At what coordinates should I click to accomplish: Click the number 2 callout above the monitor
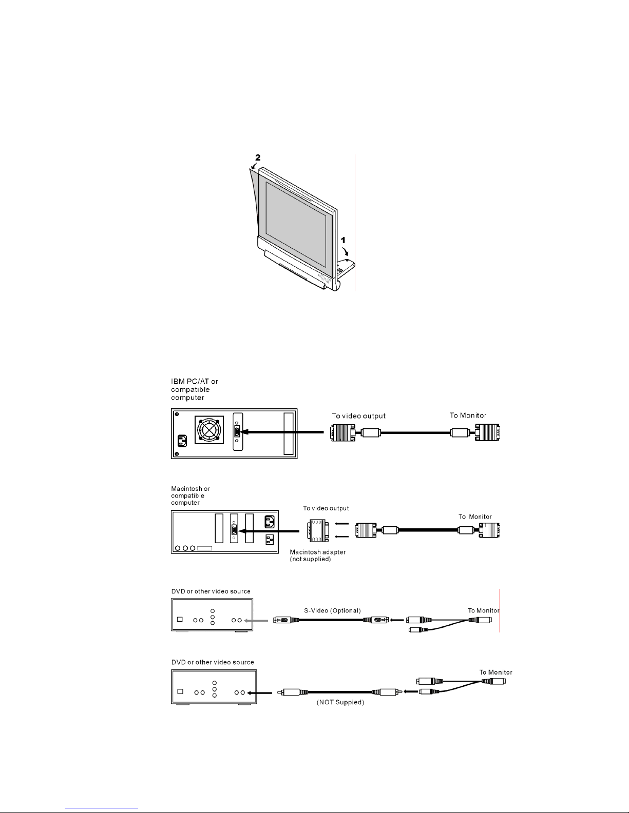pyautogui.click(x=258, y=157)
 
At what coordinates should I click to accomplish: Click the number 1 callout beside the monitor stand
pyautogui.click(x=343, y=240)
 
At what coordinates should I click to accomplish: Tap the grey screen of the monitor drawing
pyautogui.click(x=296, y=224)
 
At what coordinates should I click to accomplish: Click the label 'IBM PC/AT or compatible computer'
pyautogui.click(x=194, y=389)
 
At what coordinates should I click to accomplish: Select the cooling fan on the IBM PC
pyautogui.click(x=209, y=430)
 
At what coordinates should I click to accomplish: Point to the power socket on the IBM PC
pyautogui.click(x=182, y=441)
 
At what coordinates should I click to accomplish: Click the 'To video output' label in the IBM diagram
pyautogui.click(x=359, y=415)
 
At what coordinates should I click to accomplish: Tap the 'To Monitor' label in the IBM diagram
pyautogui.click(x=468, y=415)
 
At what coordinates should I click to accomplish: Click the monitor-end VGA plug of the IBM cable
pyautogui.click(x=487, y=432)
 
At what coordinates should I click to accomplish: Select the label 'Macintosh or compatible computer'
pyautogui.click(x=190, y=495)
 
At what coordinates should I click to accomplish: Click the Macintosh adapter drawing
pyautogui.click(x=318, y=530)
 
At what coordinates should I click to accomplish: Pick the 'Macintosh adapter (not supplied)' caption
pyautogui.click(x=317, y=555)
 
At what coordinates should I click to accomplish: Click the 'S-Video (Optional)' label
pyautogui.click(x=333, y=610)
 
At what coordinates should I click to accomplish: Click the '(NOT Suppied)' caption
pyautogui.click(x=340, y=702)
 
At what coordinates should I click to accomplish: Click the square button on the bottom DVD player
pyautogui.click(x=180, y=691)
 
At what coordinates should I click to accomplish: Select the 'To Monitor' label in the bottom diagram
pyautogui.click(x=495, y=672)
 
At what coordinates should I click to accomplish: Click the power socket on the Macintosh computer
pyautogui.click(x=270, y=522)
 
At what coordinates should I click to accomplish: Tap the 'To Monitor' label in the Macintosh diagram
pyautogui.click(x=475, y=517)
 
